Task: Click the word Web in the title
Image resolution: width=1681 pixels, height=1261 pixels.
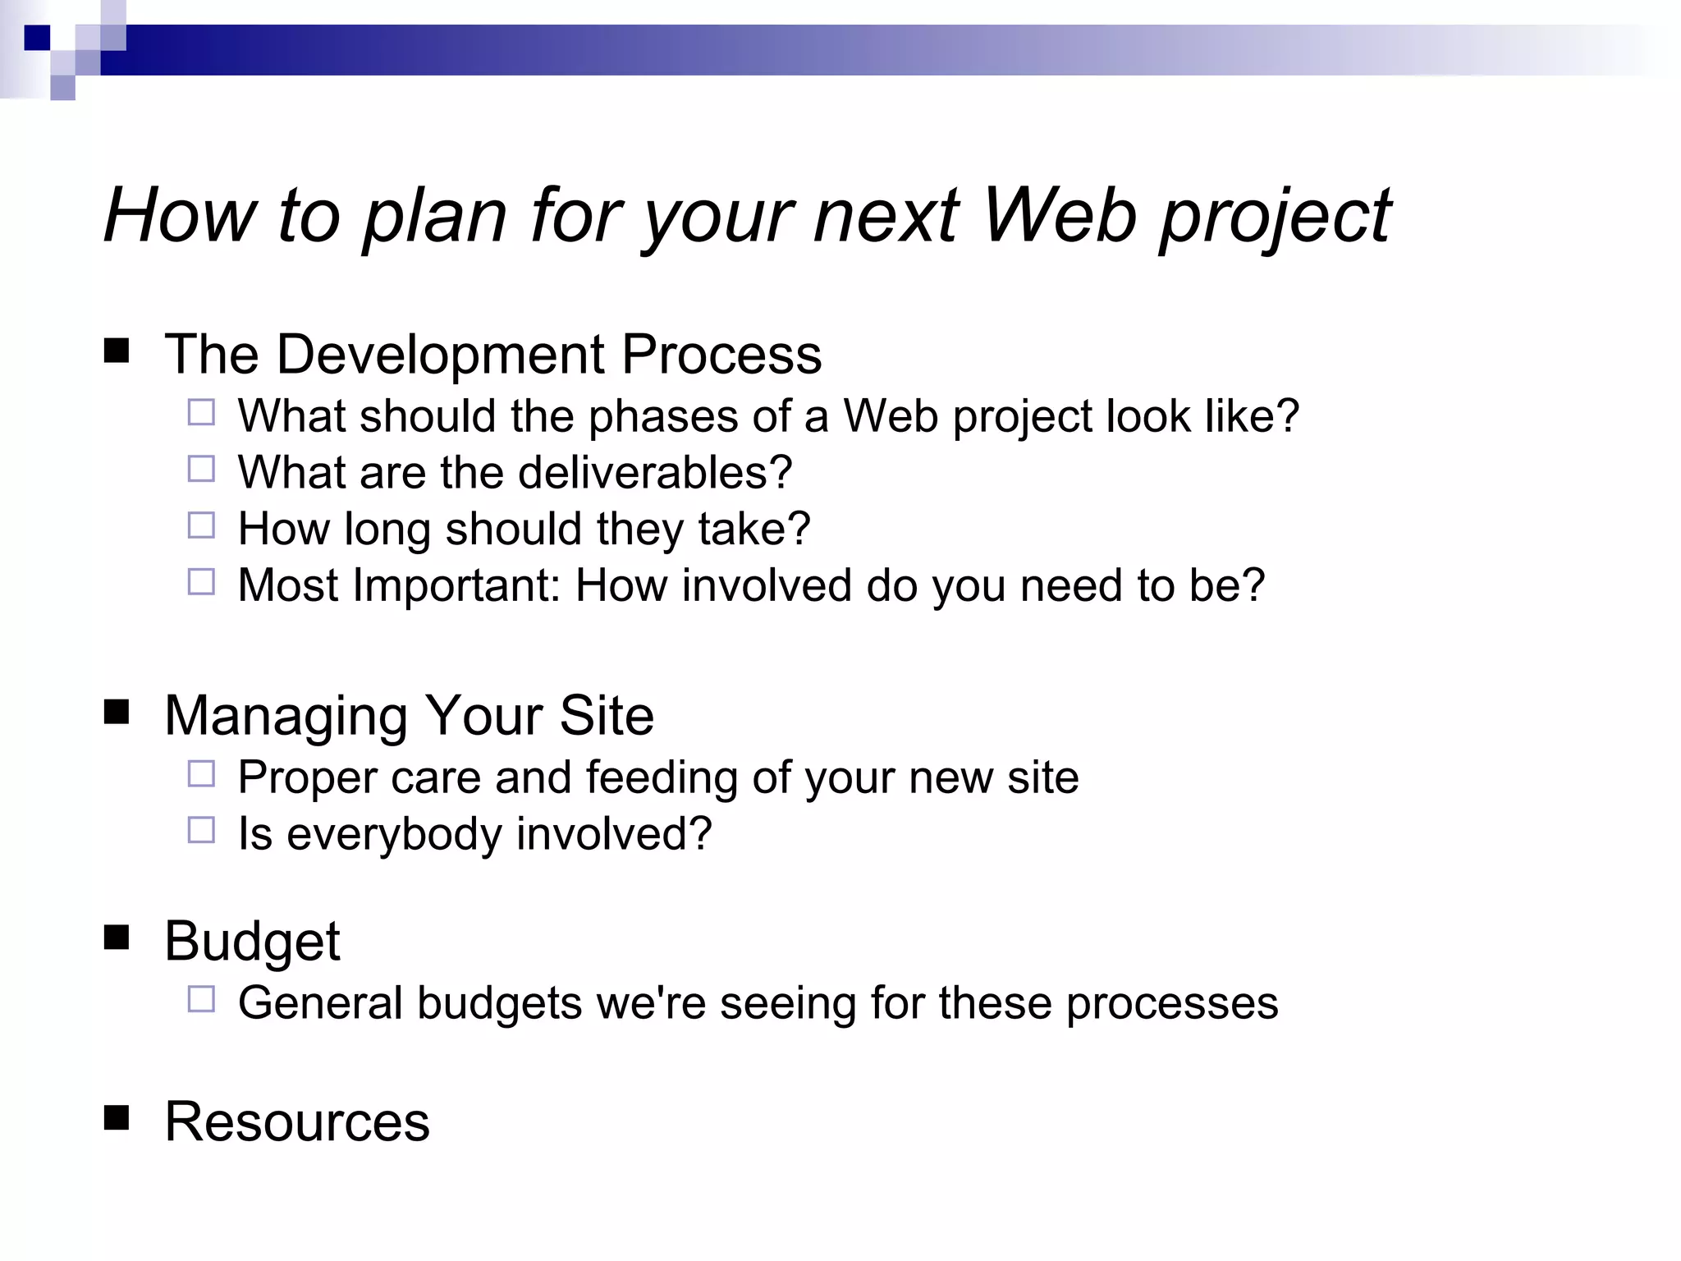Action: click(1059, 215)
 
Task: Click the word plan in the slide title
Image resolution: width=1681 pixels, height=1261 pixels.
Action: click(434, 215)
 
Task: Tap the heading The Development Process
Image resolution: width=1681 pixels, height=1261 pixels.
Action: click(492, 354)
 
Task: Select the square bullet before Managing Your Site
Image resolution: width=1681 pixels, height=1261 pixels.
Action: click(117, 713)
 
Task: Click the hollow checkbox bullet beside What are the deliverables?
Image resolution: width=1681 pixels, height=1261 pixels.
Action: click(201, 470)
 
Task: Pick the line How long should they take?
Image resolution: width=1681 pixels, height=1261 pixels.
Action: click(524, 529)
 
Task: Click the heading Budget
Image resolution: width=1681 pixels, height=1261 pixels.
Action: click(252, 941)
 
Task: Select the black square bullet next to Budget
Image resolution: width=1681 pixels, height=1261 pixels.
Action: click(117, 938)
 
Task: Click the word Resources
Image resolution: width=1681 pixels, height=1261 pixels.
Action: click(297, 1121)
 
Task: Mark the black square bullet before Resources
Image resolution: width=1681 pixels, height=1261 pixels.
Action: click(117, 1118)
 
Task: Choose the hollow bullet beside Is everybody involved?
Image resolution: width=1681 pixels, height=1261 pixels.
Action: click(201, 831)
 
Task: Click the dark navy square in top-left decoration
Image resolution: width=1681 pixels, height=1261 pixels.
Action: click(37, 38)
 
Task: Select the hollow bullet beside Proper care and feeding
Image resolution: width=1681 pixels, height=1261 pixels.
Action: click(201, 774)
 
